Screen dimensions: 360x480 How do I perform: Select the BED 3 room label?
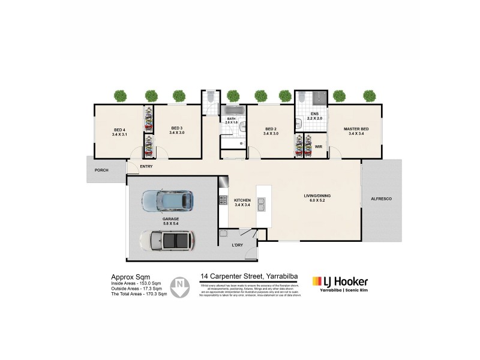coord(176,130)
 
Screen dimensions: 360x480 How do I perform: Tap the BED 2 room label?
coord(271,131)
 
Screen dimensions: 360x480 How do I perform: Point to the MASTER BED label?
coord(356,131)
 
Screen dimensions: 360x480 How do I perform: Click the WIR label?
coord(319,146)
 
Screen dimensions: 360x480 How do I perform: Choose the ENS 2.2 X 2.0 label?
coord(314,116)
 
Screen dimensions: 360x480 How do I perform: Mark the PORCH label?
coord(101,170)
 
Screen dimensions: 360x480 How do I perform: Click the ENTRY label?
coord(146,166)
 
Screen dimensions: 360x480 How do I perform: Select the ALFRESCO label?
coord(381,198)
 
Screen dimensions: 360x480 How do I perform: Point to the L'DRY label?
coord(237,245)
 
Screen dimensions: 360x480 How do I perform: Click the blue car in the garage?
coord(167,200)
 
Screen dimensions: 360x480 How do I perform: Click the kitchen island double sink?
coord(262,206)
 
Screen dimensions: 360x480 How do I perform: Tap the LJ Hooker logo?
coord(340,281)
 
